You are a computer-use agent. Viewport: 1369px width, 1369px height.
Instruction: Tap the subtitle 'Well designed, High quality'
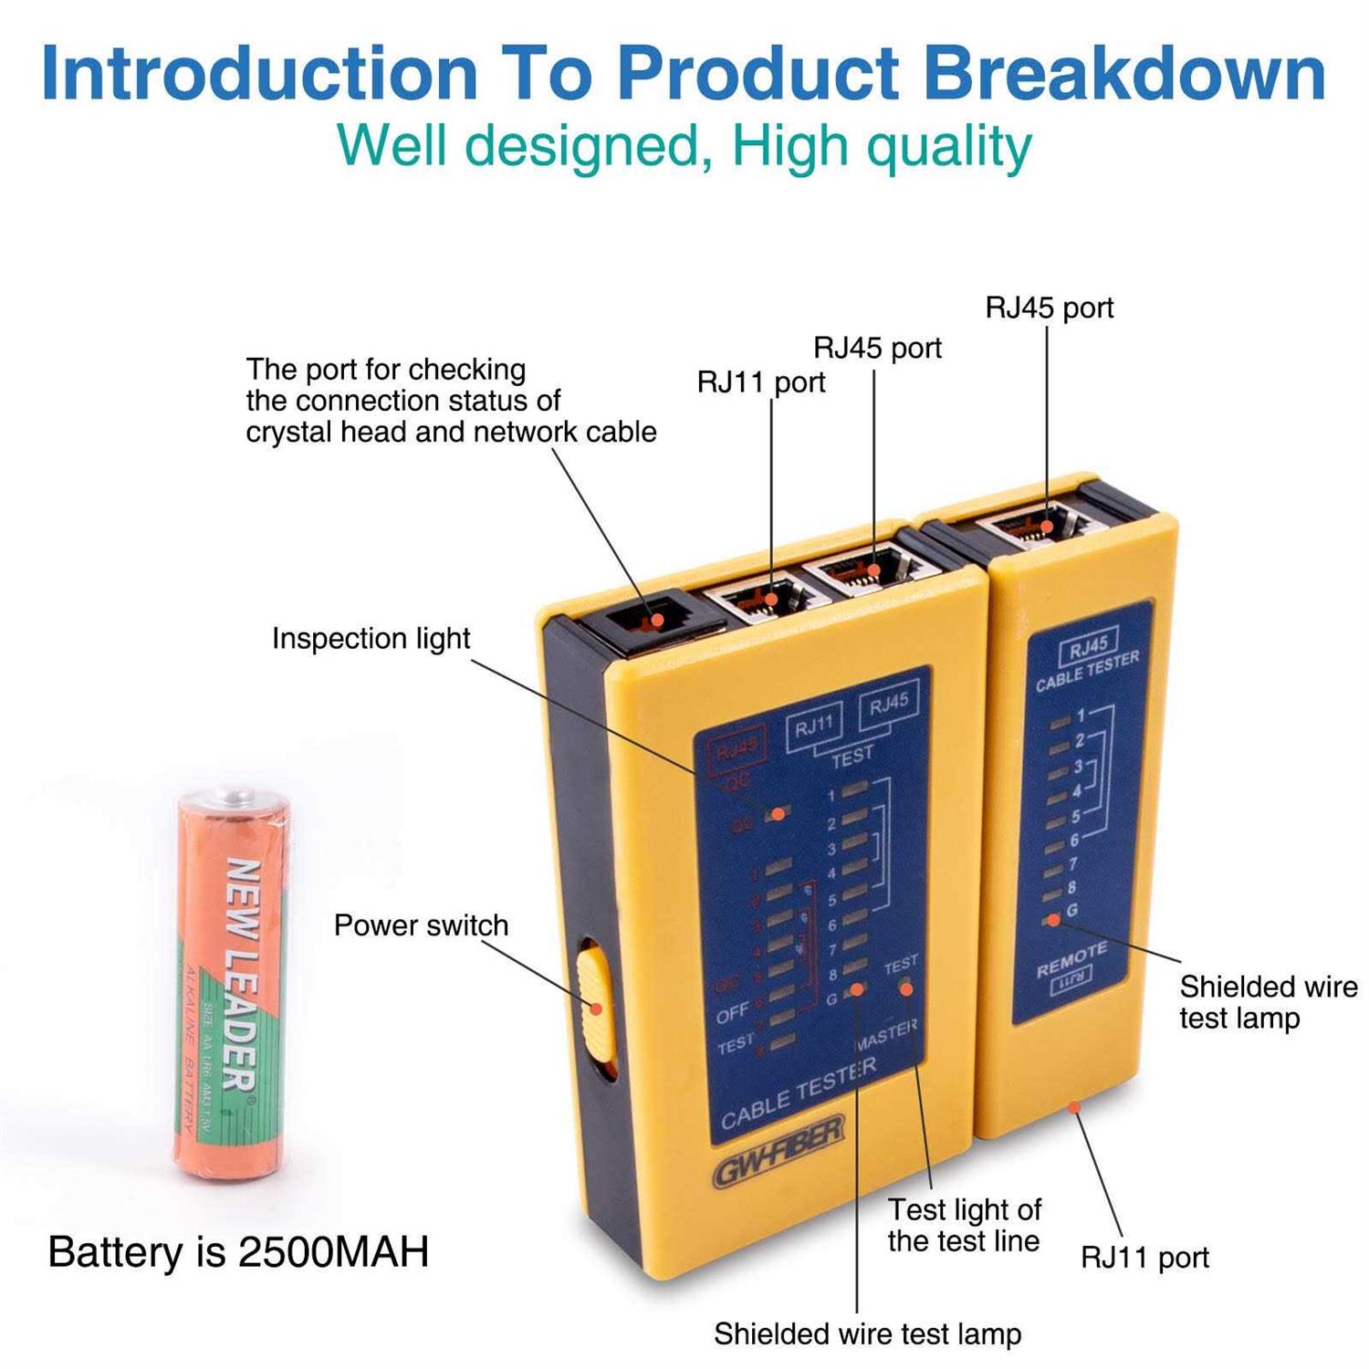pos(684,146)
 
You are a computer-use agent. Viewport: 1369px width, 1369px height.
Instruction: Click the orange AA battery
pos(233,986)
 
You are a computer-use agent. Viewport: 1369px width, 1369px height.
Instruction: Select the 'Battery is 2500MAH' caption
pos(238,1251)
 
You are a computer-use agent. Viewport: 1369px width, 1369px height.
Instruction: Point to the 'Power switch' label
pos(421,925)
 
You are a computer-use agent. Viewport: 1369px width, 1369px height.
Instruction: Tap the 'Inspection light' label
pos(371,638)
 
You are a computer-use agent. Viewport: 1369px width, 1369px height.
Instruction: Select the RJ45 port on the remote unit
pos(1038,527)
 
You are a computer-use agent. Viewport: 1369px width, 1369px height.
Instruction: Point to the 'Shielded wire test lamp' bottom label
pos(867,1333)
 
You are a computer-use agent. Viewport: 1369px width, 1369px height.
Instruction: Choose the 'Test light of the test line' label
pos(964,1225)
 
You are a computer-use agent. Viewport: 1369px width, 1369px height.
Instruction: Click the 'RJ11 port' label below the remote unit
pos(1144,1258)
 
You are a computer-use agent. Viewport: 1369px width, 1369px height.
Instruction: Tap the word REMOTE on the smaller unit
pos(1071,959)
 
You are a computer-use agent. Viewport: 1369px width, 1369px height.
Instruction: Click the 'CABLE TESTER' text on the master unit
pos(799,1093)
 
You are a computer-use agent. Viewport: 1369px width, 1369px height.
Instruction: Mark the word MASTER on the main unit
pos(885,1034)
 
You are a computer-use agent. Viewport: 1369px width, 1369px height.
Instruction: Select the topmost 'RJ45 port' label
pos(1050,308)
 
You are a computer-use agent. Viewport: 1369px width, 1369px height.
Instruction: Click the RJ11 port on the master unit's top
pos(765,598)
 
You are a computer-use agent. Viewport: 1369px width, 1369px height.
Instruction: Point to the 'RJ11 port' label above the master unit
pos(760,381)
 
